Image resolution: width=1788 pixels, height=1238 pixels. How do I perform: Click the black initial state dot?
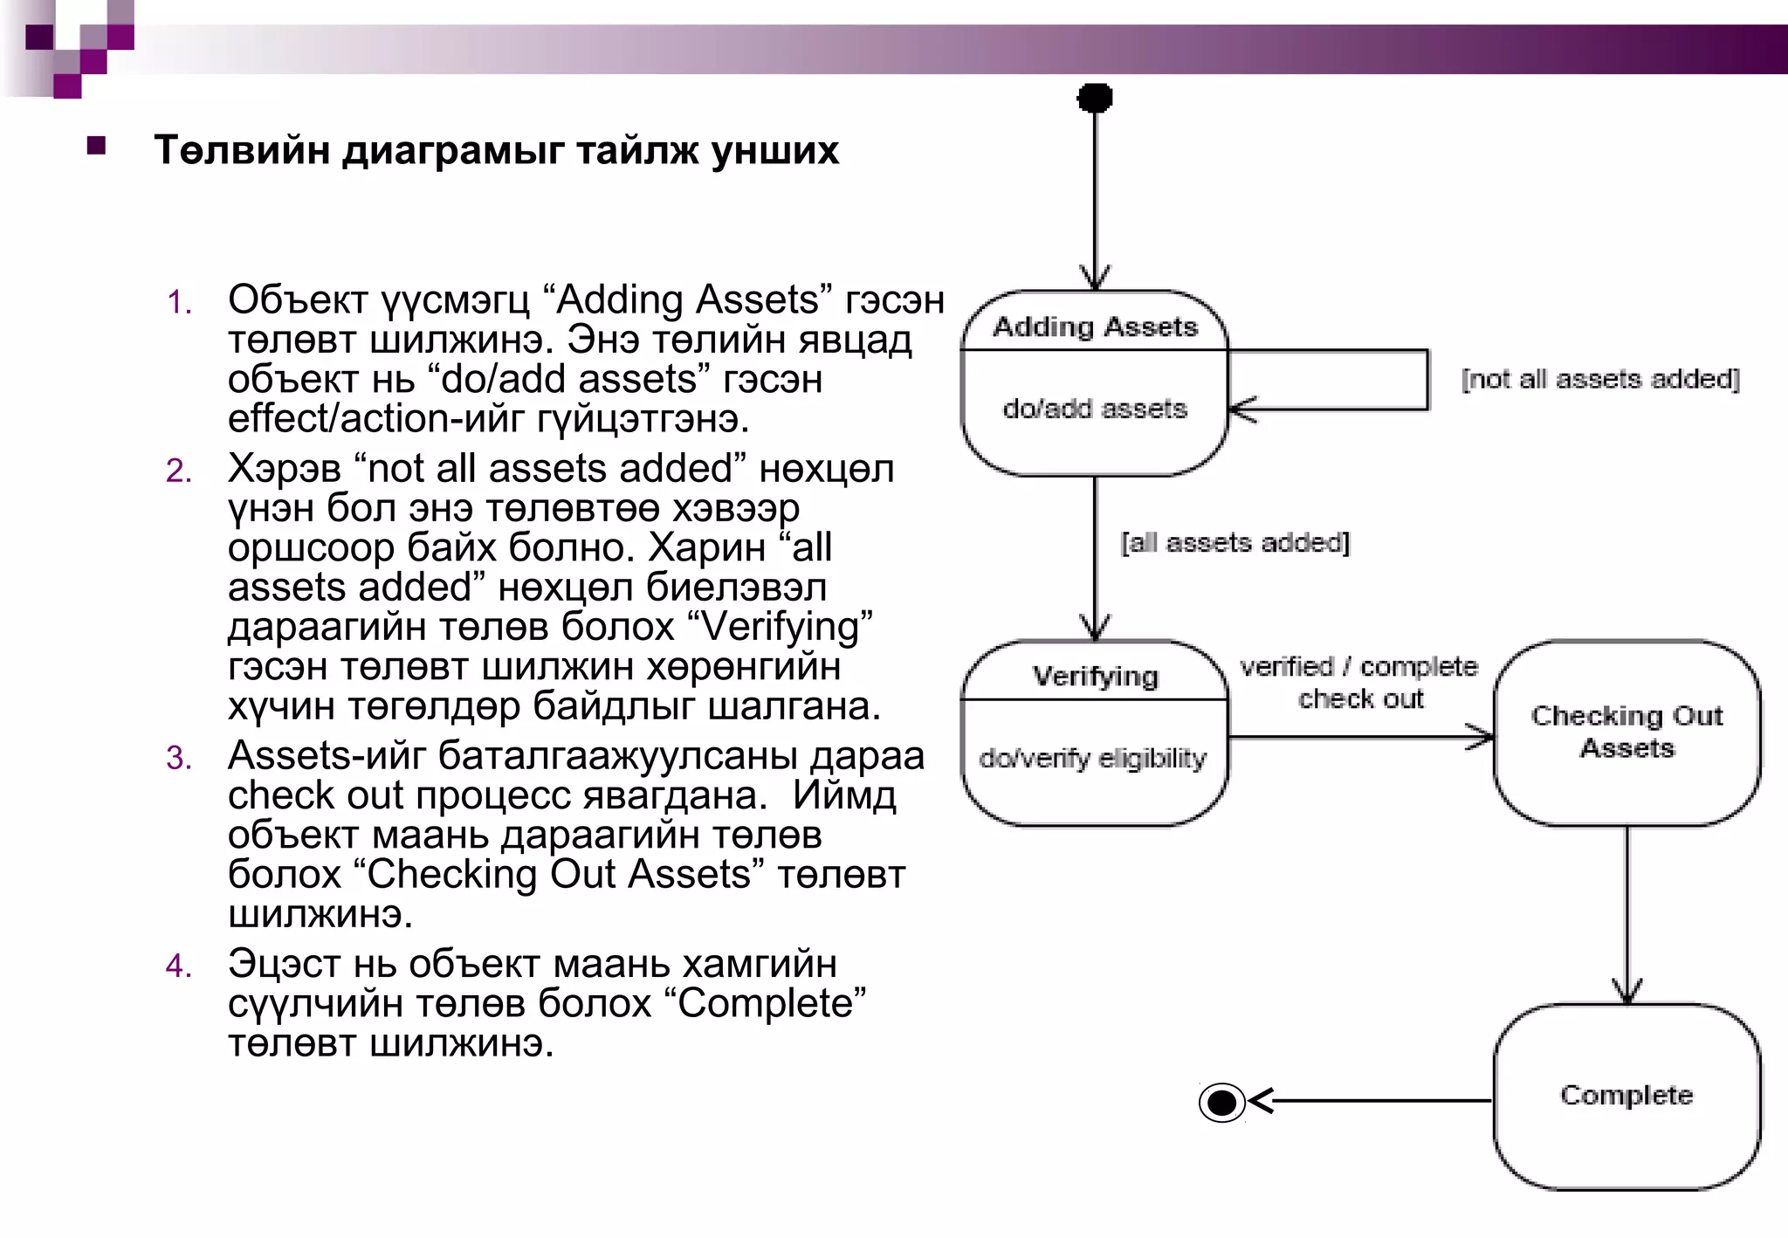[x=1095, y=98]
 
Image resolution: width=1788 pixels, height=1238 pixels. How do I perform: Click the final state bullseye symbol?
[x=1221, y=1102]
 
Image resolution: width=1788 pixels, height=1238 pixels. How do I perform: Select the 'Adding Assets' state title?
[x=1095, y=327]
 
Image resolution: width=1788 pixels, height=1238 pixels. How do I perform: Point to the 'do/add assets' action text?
[x=1095, y=409]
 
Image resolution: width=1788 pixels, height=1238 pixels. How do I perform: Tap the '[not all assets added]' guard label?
[x=1600, y=379]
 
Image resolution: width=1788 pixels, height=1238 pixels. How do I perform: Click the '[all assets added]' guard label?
[x=1234, y=543]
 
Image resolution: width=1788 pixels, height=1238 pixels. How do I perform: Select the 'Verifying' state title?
[x=1095, y=676]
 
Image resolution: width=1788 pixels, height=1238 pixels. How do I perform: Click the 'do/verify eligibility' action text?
[x=1092, y=758]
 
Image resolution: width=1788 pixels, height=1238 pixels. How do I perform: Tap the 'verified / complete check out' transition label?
[x=1359, y=683]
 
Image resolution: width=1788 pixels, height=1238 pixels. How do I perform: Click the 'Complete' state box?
[x=1626, y=1096]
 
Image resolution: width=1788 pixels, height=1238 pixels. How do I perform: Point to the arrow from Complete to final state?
[x=1371, y=1101]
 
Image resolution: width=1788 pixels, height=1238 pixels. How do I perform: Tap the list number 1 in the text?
[x=178, y=303]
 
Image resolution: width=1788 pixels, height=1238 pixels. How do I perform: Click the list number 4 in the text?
[x=178, y=966]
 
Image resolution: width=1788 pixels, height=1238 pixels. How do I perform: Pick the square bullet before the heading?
[x=96, y=146]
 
